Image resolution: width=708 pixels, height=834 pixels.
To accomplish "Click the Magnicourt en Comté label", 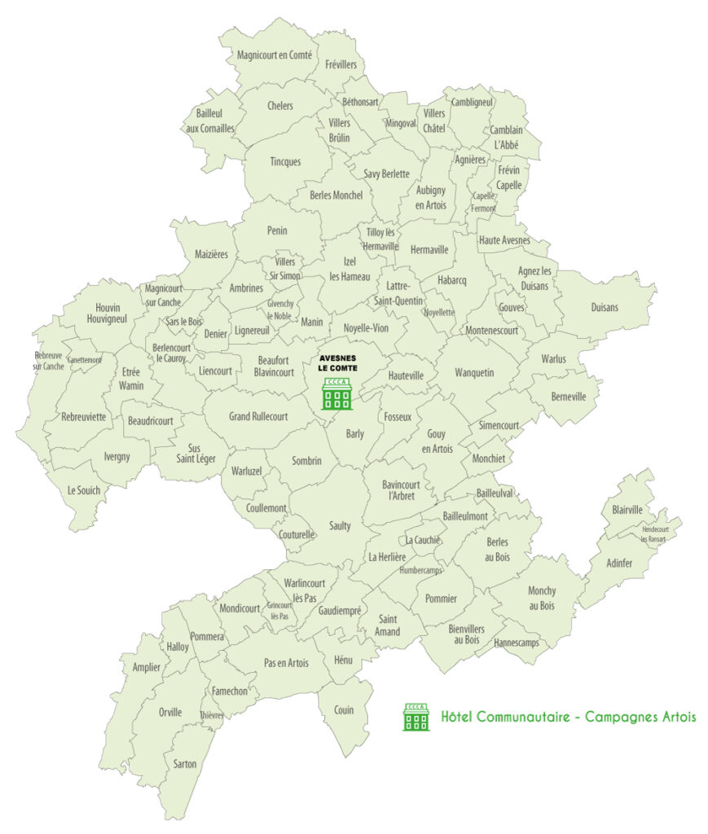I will [x=274, y=55].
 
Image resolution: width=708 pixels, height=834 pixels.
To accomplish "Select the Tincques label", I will [x=285, y=161].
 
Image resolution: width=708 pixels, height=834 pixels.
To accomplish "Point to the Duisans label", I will [x=604, y=307].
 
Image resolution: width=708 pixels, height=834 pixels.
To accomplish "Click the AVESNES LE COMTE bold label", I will [x=337, y=362].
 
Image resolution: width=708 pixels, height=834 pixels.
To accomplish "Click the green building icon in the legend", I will [x=416, y=717].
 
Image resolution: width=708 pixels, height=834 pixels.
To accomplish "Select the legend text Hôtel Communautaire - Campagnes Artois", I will [x=568, y=718].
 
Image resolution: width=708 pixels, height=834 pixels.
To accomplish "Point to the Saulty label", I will [x=341, y=526].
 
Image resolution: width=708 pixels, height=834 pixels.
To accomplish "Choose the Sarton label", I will [x=185, y=763].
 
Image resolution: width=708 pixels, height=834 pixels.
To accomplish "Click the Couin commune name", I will [x=344, y=709].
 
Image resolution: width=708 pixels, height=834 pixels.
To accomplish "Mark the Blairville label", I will [x=627, y=510].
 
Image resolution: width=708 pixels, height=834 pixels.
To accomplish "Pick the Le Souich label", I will [x=83, y=490].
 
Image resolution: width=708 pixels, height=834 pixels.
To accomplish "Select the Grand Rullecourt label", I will [x=258, y=417].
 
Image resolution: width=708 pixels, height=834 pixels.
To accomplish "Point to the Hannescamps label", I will [x=517, y=643].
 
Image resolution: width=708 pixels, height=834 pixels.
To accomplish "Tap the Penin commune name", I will [x=277, y=230].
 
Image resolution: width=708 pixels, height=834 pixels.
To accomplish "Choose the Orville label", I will [x=170, y=711].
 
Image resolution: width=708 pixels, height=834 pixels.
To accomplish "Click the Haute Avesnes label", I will [x=504, y=240].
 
